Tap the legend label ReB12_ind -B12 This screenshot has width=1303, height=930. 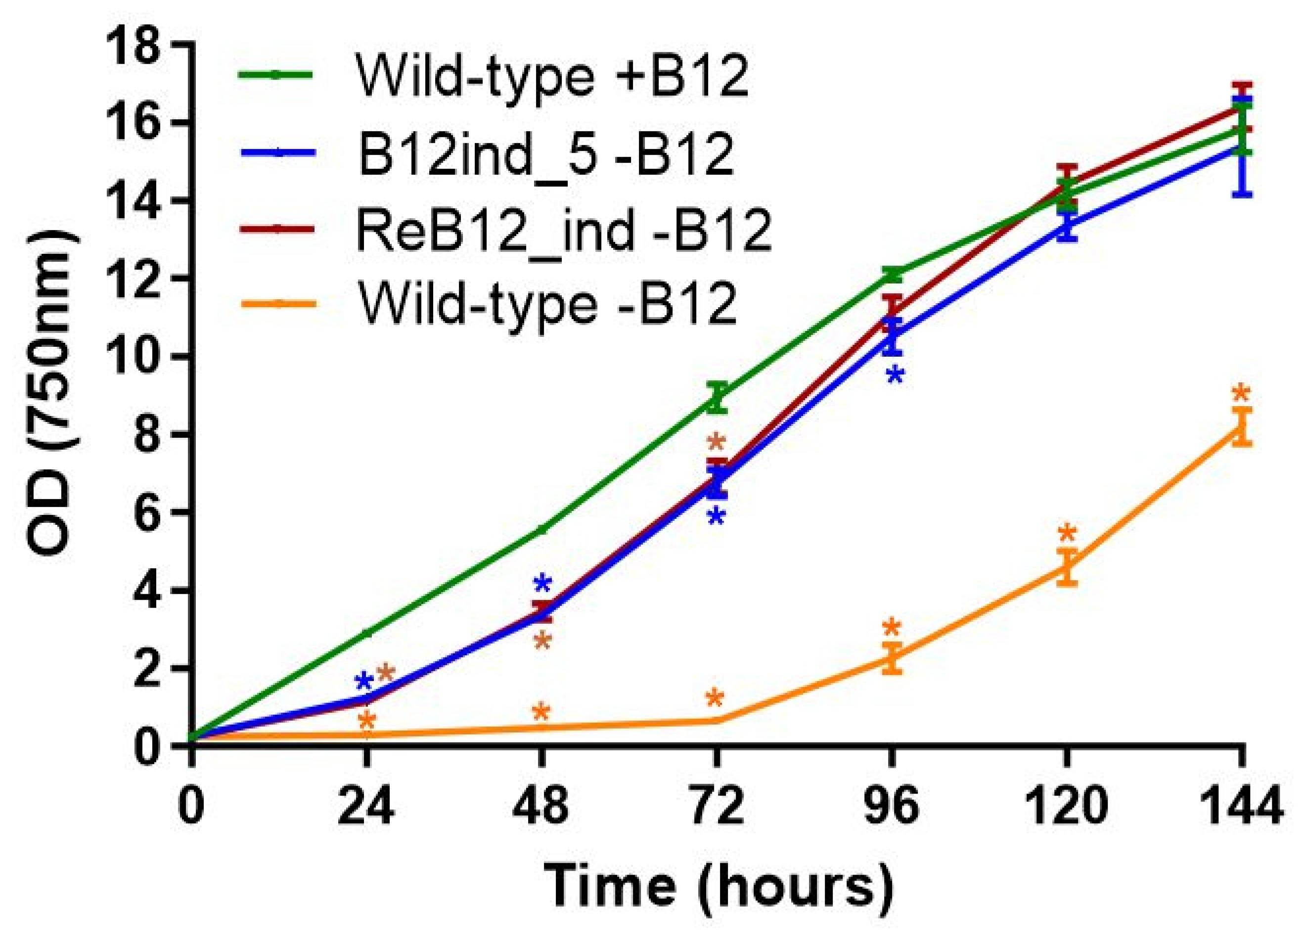click(x=564, y=231)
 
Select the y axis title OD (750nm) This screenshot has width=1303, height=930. click(x=48, y=395)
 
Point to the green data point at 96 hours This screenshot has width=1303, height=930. click(x=892, y=276)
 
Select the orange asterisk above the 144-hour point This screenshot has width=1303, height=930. click(x=1241, y=394)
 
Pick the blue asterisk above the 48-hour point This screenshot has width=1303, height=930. click(x=542, y=584)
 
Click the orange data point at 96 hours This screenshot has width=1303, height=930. click(x=892, y=658)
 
